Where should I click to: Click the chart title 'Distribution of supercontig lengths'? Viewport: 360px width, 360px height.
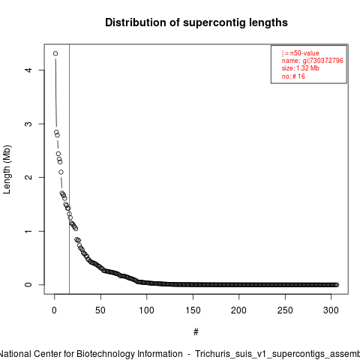click(196, 22)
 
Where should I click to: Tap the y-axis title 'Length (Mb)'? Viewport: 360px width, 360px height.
click(7, 169)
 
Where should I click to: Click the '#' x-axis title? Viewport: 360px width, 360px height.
click(196, 332)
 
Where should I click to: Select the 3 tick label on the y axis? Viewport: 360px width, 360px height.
click(28, 124)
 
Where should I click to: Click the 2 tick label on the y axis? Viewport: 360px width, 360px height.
click(28, 177)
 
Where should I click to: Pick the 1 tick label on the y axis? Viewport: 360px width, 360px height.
click(28, 231)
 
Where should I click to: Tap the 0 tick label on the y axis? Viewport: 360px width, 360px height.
click(28, 285)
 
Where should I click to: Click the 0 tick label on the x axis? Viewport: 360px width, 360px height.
click(54, 310)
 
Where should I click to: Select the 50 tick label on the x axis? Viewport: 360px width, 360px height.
click(100, 310)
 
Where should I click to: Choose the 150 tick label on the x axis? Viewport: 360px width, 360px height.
click(193, 310)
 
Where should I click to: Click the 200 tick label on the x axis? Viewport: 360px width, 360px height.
click(238, 310)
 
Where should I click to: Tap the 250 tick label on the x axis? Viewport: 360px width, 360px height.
click(285, 310)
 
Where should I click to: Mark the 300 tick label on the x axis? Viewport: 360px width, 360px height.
click(331, 310)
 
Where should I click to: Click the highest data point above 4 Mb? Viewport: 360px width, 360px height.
click(55, 53)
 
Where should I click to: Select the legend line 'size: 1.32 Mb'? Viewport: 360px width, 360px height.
click(301, 68)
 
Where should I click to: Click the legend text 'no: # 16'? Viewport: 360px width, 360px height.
click(293, 76)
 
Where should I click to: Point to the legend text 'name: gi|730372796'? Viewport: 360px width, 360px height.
click(313, 61)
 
